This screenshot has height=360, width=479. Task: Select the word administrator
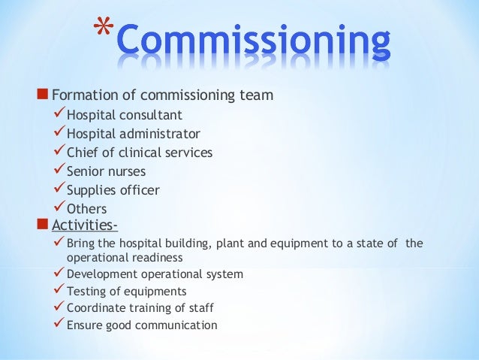pos(157,134)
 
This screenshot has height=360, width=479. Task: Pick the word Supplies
pos(89,191)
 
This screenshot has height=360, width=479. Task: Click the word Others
pos(86,209)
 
